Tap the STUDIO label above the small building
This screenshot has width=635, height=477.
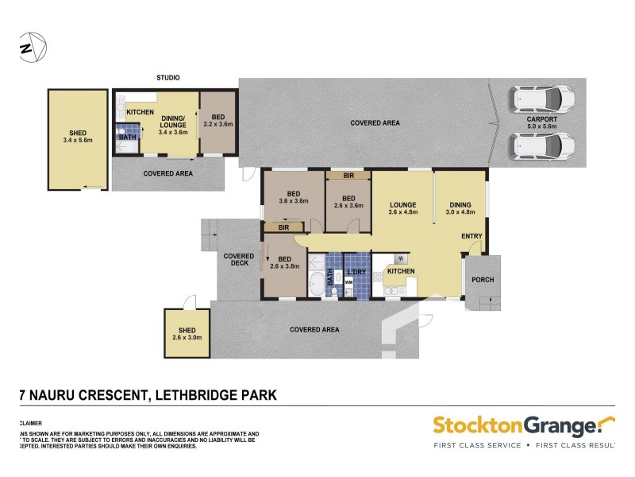click(167, 78)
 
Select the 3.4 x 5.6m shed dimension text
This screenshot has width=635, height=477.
click(78, 141)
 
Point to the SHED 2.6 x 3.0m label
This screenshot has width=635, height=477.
click(183, 334)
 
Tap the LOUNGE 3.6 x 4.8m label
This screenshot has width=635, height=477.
click(402, 207)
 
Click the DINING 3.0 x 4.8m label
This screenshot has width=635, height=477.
click(460, 207)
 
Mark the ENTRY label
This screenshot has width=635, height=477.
click(471, 236)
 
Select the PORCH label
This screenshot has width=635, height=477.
click(483, 279)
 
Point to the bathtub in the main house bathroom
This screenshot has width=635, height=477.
click(317, 281)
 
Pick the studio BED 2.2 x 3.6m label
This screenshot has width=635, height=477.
click(217, 120)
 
